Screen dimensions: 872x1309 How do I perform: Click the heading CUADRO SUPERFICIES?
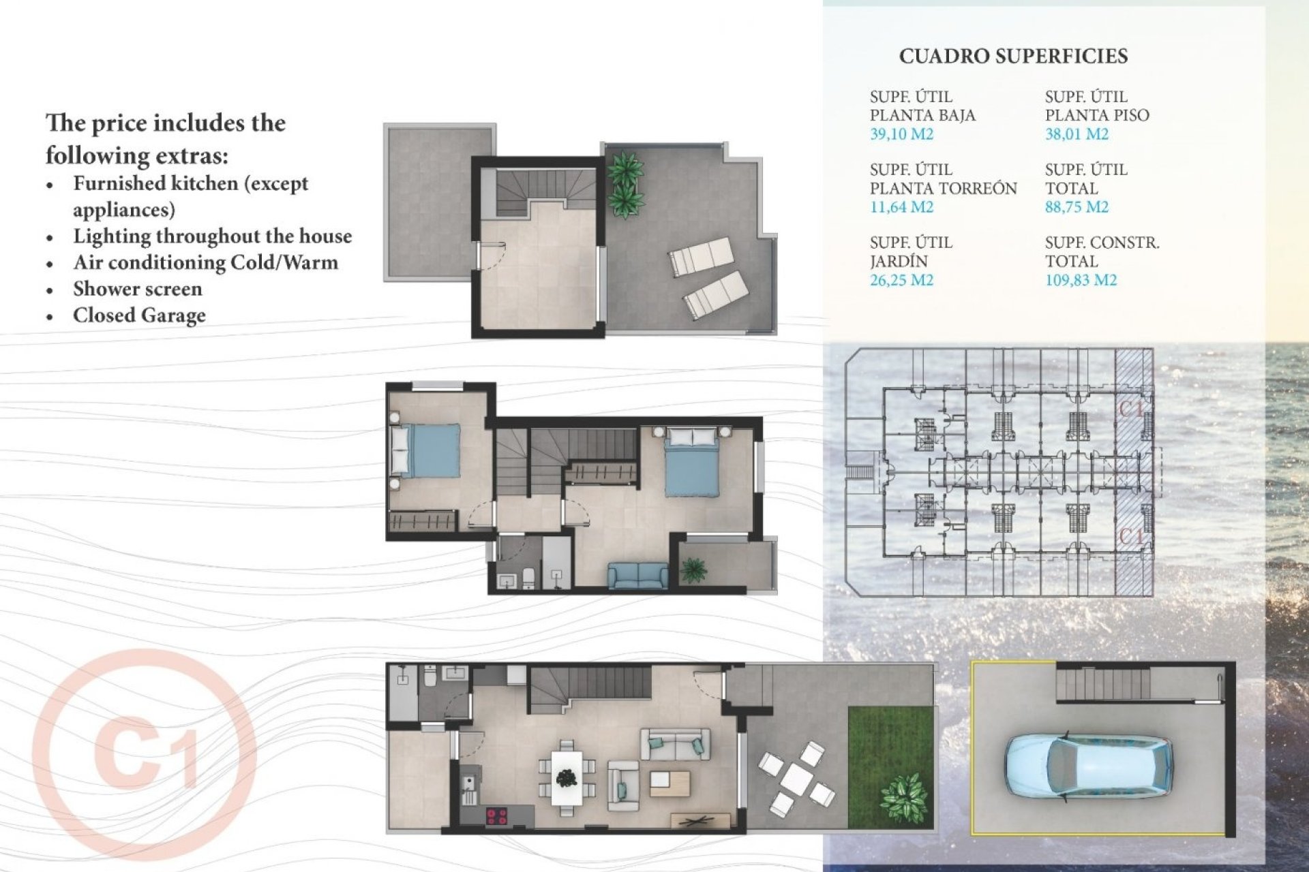(1013, 57)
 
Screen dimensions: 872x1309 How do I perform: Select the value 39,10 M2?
(901, 134)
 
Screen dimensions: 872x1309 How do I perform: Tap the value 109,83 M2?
(1081, 280)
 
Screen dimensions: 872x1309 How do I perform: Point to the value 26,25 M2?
(901, 280)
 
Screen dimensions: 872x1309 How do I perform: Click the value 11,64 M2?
(901, 207)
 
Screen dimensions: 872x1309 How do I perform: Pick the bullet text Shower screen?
(138, 289)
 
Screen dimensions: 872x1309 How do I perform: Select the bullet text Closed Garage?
(139, 315)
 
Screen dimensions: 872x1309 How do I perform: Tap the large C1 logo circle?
(144, 761)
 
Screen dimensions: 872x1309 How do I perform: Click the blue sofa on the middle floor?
(637, 576)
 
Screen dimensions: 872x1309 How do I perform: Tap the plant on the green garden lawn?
(904, 797)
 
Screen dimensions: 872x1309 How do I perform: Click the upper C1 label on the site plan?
(1134, 409)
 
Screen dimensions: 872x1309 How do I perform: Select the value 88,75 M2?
(1077, 207)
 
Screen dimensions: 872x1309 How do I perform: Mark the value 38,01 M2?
(1077, 134)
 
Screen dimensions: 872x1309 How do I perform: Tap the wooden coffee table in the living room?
(669, 783)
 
